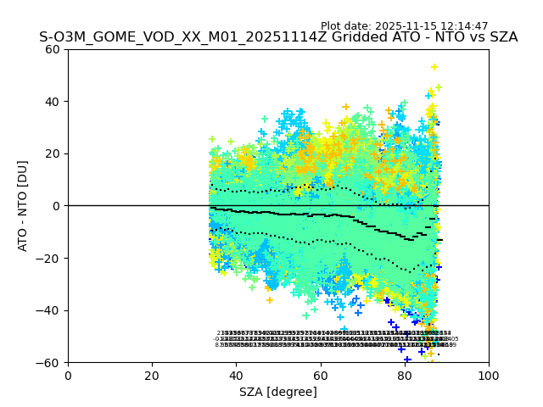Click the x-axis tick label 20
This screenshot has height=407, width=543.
click(152, 376)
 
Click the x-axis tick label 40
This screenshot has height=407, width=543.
click(236, 376)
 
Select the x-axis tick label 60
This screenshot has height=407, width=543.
click(320, 376)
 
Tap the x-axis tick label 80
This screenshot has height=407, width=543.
click(404, 376)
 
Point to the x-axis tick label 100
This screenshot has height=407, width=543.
click(489, 376)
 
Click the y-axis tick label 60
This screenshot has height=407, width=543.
click(53, 49)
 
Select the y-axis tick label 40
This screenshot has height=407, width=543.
click(53, 102)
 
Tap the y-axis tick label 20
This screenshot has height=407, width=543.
click(53, 153)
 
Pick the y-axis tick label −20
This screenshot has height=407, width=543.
click(49, 259)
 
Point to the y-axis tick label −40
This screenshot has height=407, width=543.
click(49, 310)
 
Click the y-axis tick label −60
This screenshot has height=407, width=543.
click(49, 363)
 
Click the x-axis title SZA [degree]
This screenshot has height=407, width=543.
click(278, 392)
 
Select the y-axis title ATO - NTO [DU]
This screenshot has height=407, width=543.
click(23, 206)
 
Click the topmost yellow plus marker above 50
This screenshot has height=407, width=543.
click(434, 67)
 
